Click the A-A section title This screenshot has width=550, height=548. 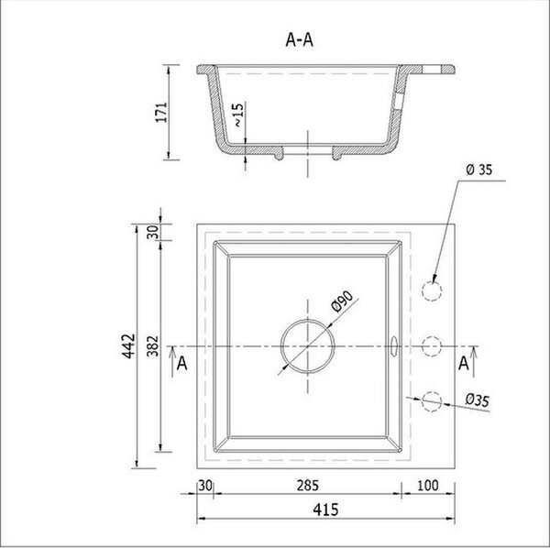click(x=299, y=40)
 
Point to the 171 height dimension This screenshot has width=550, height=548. click(x=161, y=112)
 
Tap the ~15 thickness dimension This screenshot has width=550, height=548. click(x=238, y=115)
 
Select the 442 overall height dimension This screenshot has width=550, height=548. click(x=128, y=346)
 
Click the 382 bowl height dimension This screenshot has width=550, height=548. click(x=152, y=346)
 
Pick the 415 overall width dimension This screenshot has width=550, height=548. click(x=325, y=510)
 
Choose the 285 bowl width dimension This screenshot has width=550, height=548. click(x=308, y=486)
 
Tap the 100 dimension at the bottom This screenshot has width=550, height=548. click(x=428, y=486)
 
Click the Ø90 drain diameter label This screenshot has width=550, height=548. click(x=342, y=301)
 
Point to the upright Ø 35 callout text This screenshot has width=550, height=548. click(x=479, y=170)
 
